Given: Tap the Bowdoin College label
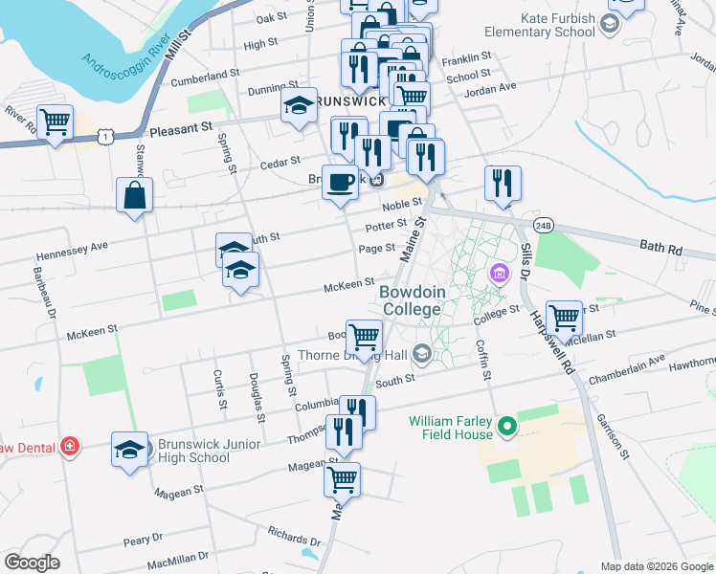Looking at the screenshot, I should point(411,300).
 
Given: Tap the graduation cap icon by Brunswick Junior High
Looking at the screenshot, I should point(130,450).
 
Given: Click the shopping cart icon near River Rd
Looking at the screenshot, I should point(56,121).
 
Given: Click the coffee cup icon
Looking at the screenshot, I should point(339,182).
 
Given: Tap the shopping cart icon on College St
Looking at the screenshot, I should point(565,318).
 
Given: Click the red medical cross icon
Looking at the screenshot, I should point(69,446).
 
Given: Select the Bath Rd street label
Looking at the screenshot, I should point(661,248).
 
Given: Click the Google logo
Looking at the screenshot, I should point(32,563).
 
